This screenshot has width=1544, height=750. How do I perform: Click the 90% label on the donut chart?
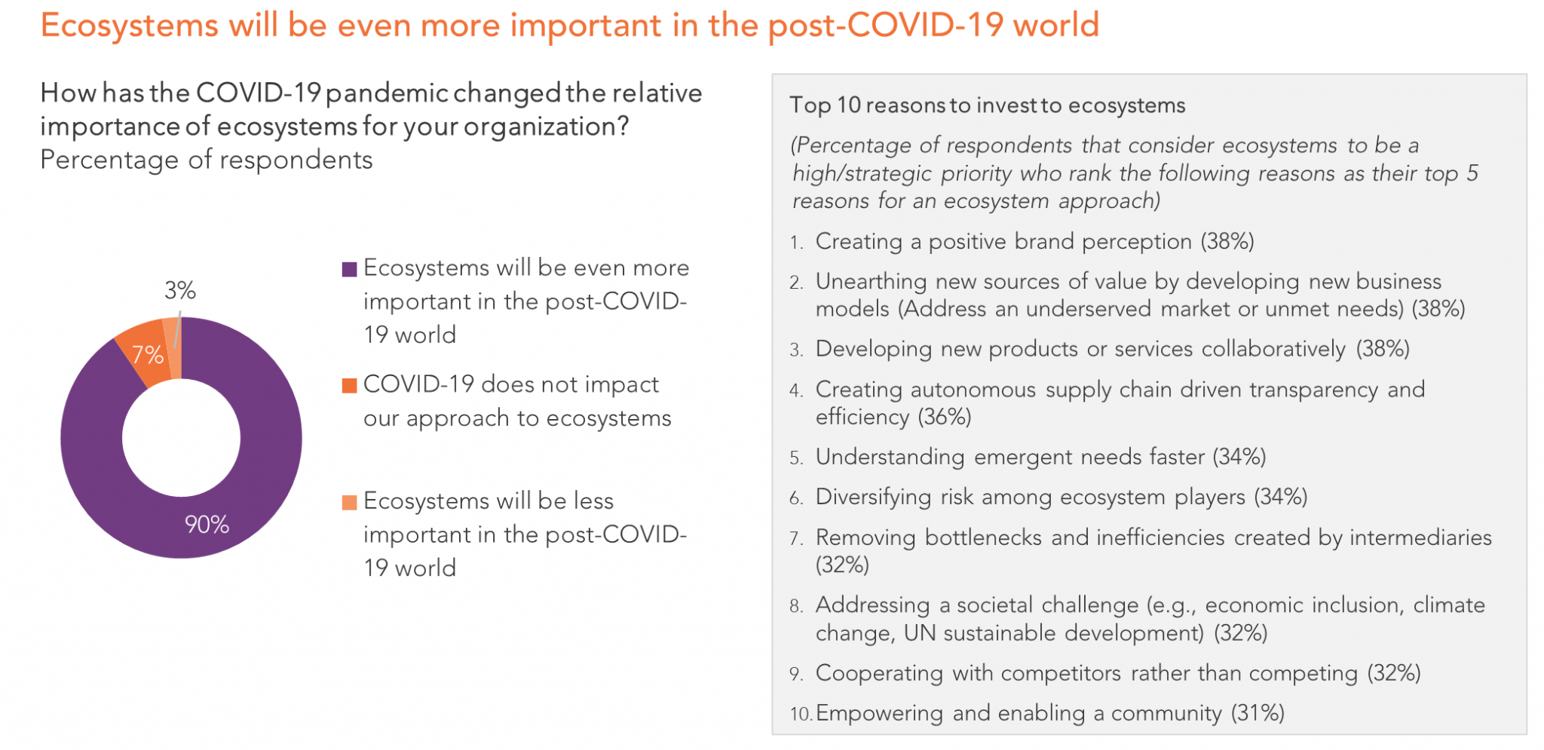click(207, 525)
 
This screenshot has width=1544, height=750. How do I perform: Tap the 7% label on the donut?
click(148, 354)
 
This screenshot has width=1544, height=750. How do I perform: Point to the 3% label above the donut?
click(180, 290)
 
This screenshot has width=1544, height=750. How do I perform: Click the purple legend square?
click(349, 270)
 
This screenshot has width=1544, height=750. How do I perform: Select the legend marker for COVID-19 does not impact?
click(349, 386)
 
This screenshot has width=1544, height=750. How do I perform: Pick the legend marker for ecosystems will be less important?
click(349, 503)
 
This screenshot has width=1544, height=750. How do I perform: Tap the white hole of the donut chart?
click(181, 438)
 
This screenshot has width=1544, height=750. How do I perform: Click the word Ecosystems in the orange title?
click(129, 26)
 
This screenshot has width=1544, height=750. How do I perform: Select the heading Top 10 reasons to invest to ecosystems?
click(987, 106)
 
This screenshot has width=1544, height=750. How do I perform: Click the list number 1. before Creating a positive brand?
click(797, 243)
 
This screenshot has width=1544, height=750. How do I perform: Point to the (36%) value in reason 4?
click(944, 417)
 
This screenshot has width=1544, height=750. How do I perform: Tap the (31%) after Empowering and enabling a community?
click(1258, 713)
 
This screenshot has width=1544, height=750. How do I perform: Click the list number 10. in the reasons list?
click(801, 715)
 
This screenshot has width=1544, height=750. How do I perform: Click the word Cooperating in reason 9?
click(879, 673)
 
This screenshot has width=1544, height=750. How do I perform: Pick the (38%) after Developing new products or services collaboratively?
click(1383, 349)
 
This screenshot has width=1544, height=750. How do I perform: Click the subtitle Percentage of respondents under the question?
click(207, 161)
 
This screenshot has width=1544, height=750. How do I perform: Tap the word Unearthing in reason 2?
click(871, 282)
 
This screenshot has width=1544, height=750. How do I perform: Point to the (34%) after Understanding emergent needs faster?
click(1239, 457)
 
